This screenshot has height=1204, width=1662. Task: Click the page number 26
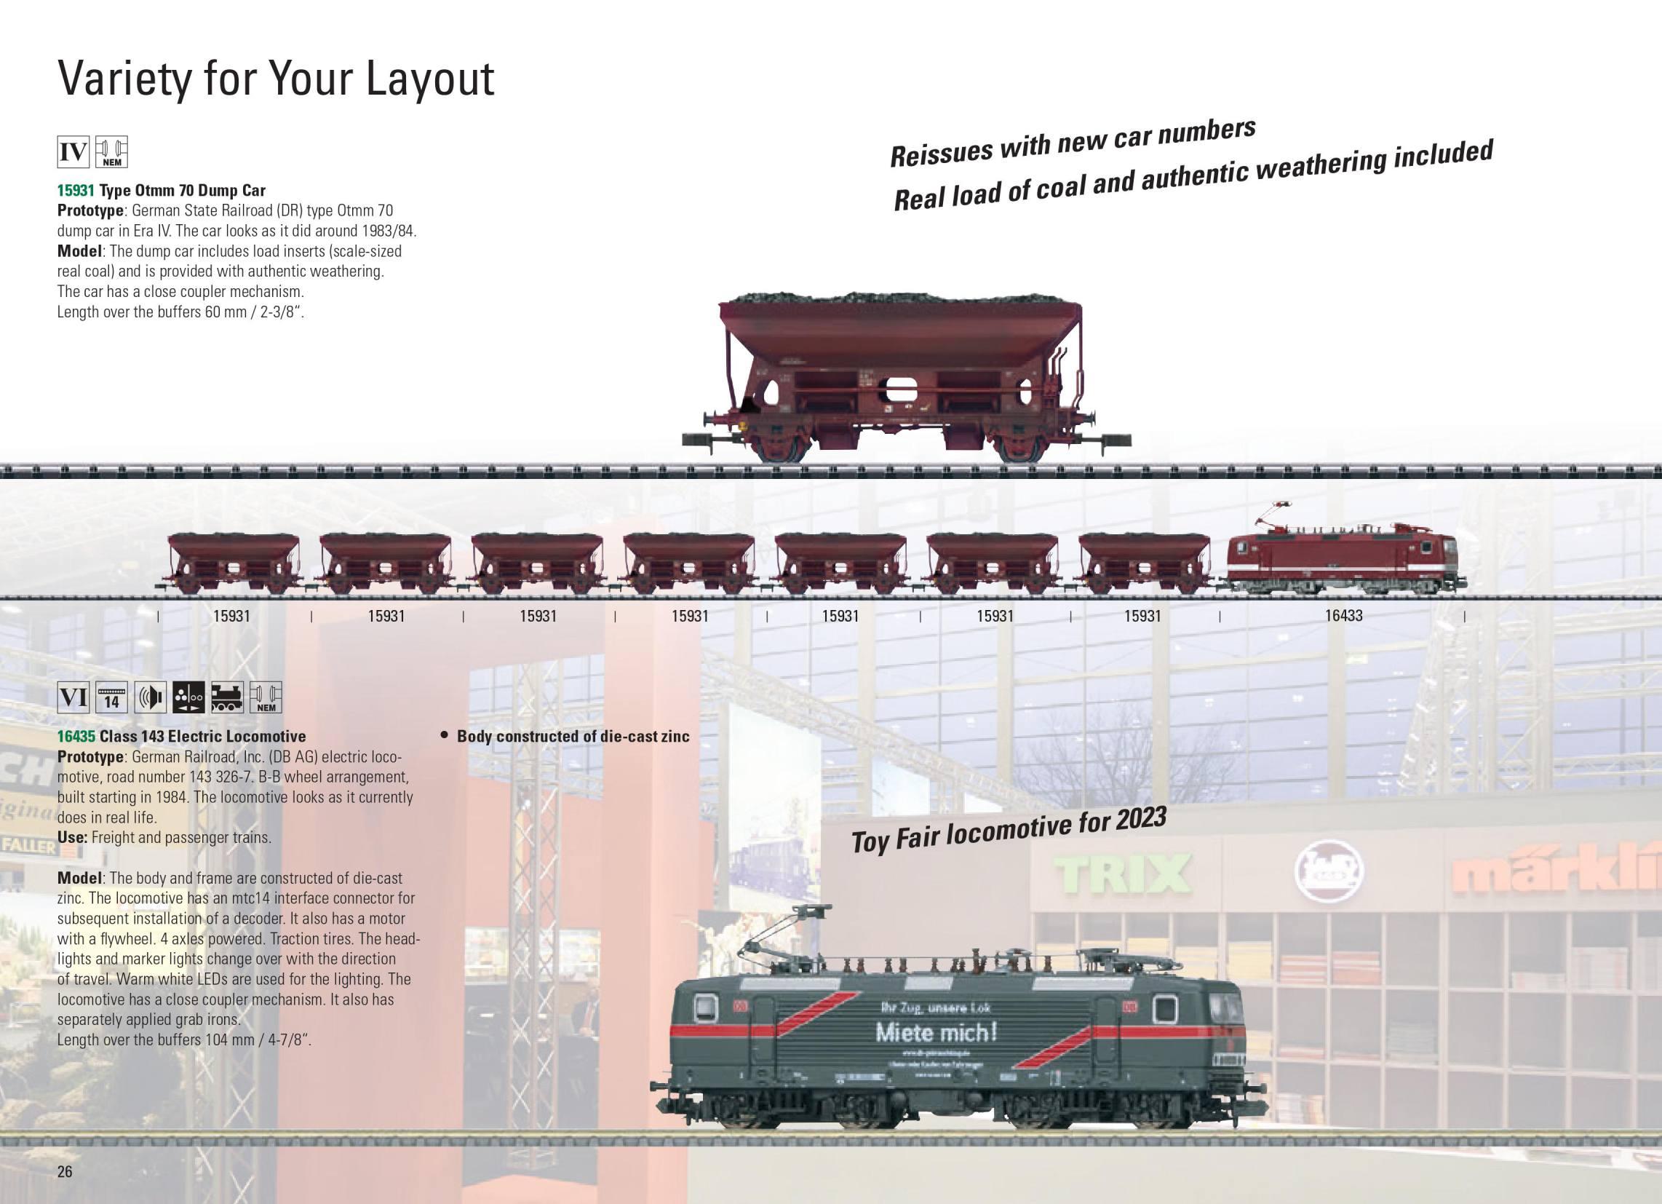65,1171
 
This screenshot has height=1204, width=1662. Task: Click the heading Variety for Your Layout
276,79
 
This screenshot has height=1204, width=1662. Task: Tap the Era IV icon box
73,154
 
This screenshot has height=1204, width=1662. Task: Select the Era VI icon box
73,697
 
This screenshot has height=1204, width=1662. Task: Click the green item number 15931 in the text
76,191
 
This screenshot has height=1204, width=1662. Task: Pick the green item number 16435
76,736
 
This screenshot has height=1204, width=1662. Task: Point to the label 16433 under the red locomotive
1343,616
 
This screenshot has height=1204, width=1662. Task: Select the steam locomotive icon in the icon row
227,697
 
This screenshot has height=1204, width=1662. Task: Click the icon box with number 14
112,697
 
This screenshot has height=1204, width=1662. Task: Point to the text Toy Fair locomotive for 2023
1008,831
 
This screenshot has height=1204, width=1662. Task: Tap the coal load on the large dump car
900,299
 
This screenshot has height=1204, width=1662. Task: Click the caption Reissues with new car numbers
1072,142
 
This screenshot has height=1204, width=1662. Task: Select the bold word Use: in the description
73,837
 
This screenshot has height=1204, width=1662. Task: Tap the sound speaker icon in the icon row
150,697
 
